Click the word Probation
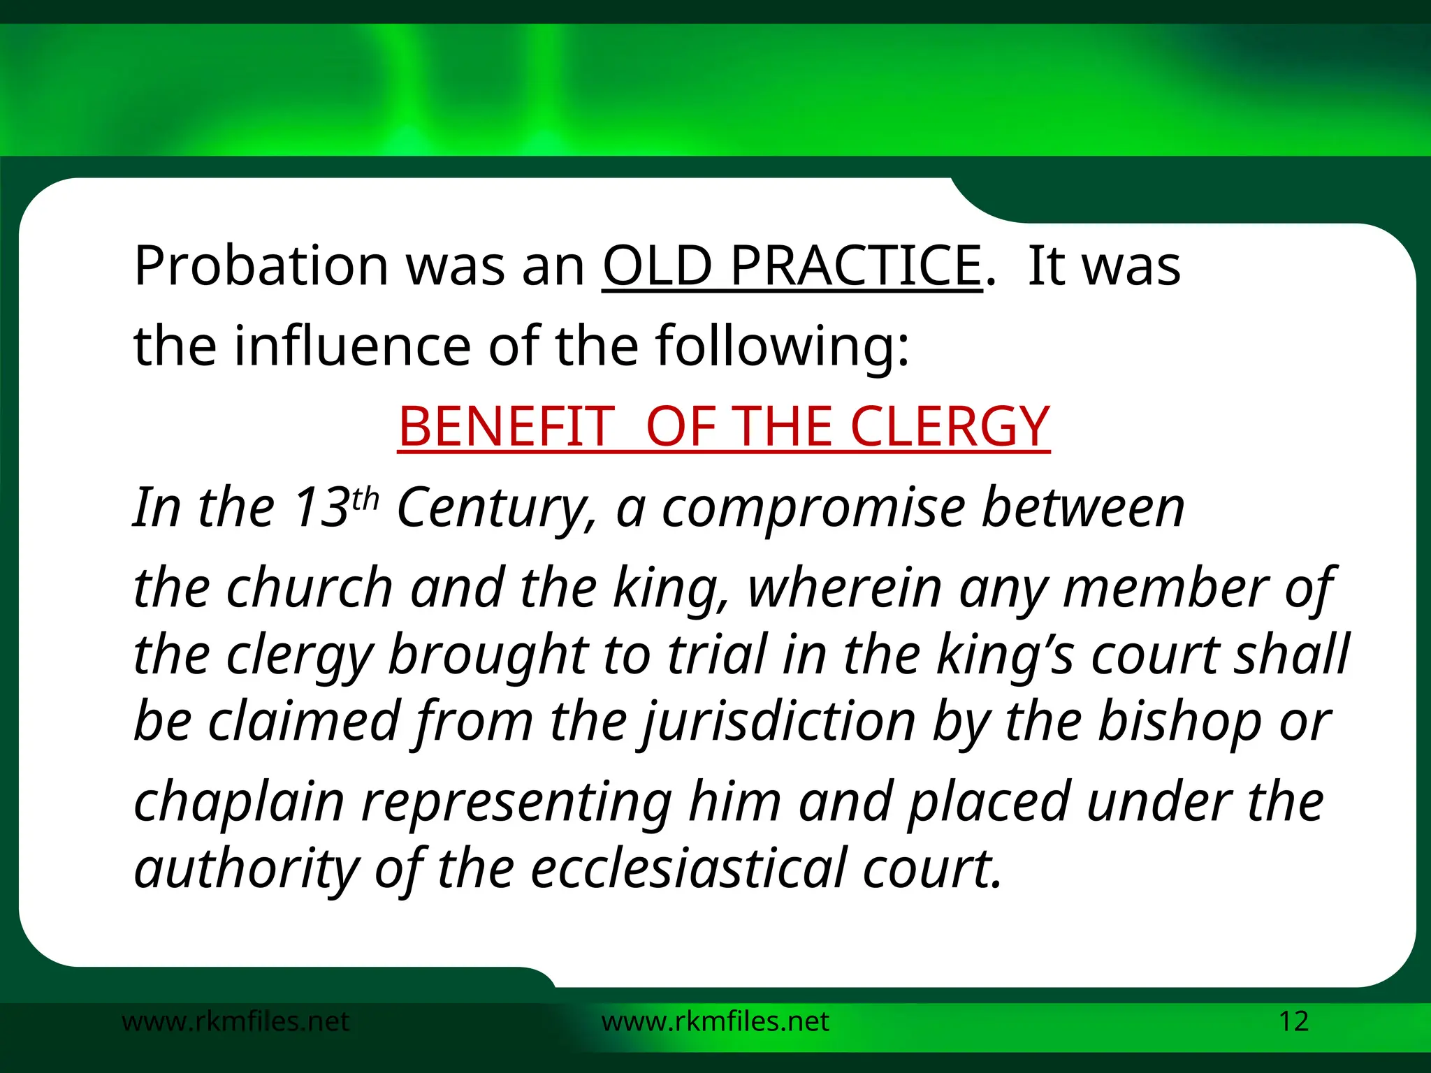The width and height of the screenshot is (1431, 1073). point(261,267)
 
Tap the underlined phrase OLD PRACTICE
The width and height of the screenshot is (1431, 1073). point(792,267)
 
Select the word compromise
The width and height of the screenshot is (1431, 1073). point(813,509)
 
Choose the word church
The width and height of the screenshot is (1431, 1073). point(310,588)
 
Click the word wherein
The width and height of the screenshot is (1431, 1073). point(845,588)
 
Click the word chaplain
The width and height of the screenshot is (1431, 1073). point(239,802)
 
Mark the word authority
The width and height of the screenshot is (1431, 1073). point(246,868)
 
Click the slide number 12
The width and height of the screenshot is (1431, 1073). point(1293,1021)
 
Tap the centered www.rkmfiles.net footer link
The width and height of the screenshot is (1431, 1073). point(715,1021)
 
